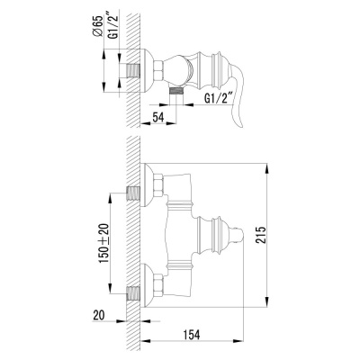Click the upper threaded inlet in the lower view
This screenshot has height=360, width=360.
(x=134, y=193)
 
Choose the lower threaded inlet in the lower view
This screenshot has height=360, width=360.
(x=134, y=292)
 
